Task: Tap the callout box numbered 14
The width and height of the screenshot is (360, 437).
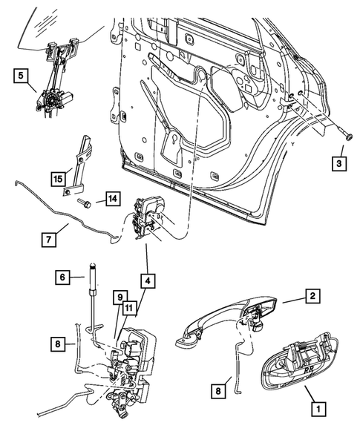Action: click(112, 199)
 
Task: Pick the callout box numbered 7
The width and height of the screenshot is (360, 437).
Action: click(48, 240)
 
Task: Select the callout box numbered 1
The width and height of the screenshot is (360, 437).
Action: click(318, 407)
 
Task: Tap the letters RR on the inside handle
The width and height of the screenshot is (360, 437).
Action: click(307, 364)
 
